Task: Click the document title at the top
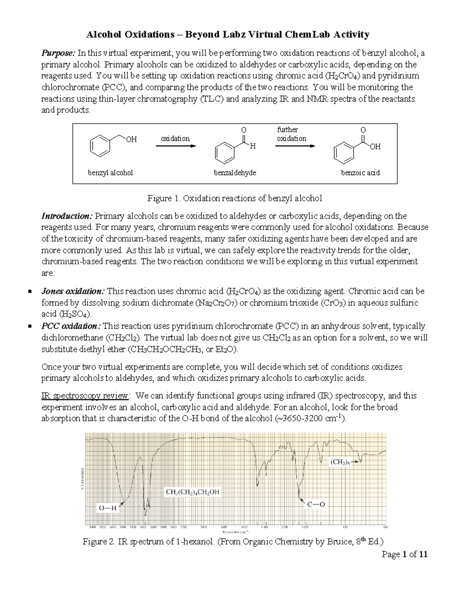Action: coord(228,35)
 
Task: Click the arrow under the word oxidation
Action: coord(175,146)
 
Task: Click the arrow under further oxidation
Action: coord(295,146)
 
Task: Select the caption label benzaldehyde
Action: coord(235,173)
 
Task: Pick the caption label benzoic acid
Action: coord(360,173)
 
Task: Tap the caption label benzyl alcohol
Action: coord(110,173)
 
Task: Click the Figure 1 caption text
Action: coord(235,198)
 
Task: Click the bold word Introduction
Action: coord(67,216)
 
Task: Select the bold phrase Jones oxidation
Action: coord(73,291)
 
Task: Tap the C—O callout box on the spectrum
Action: coord(316,505)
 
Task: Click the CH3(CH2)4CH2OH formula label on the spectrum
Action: coord(192,492)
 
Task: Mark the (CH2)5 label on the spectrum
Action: coord(340,462)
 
